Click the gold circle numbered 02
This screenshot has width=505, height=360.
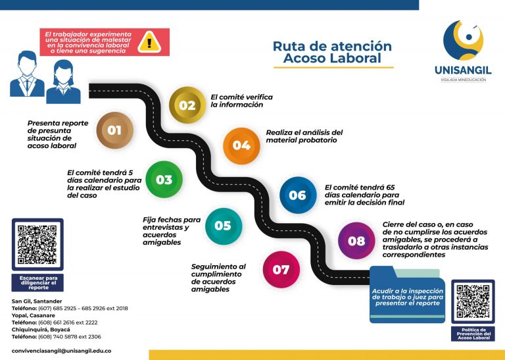187,105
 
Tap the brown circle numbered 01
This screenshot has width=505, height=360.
114,130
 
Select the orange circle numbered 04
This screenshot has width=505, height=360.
241,145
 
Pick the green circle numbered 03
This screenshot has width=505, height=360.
164,180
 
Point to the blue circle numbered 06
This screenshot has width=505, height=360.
297,195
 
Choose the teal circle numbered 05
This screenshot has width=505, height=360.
223,226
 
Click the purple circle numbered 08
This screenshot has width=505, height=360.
356,241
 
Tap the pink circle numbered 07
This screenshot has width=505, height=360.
281,270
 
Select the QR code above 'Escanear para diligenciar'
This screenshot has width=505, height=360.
37,245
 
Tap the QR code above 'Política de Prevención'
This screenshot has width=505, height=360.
473,302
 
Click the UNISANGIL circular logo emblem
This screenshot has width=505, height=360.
463,41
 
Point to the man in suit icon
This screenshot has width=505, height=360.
27,74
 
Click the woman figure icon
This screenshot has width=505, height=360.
63,82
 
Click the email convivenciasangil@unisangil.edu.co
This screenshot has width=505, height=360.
61,351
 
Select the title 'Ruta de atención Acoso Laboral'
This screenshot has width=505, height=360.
332,53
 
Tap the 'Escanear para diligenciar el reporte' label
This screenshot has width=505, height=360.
37,283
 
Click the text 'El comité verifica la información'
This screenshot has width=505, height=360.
241,101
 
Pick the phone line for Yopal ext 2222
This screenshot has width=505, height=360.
55,322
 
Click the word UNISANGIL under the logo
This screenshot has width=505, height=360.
463,70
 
